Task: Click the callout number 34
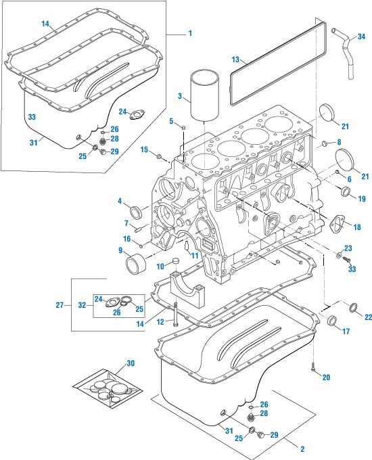tap(361, 36)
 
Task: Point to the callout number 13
tap(235, 60)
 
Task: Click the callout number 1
tap(190, 33)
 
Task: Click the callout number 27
tap(60, 305)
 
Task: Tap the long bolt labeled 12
tap(175, 315)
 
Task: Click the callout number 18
tap(358, 227)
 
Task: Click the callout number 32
tap(82, 305)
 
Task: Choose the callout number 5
tap(172, 121)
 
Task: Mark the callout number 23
tap(348, 248)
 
